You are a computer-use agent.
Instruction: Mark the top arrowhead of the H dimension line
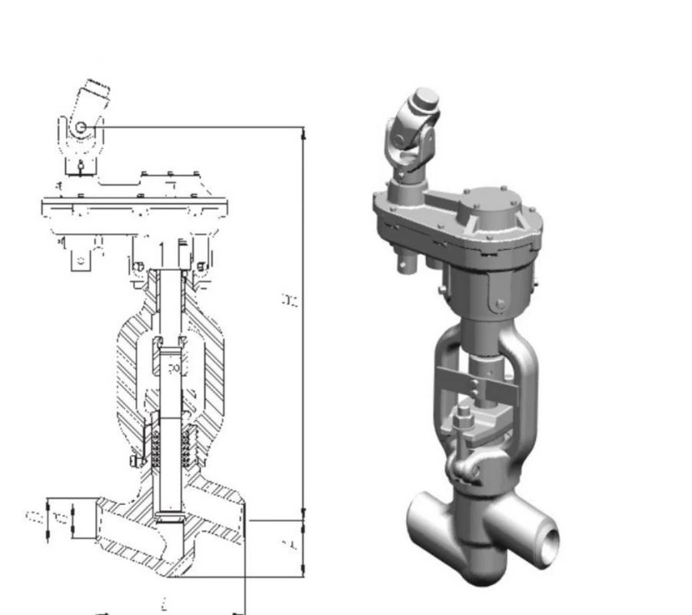click(304, 133)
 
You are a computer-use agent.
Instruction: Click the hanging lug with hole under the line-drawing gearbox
click(81, 260)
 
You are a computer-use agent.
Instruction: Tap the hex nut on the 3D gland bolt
click(465, 422)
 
